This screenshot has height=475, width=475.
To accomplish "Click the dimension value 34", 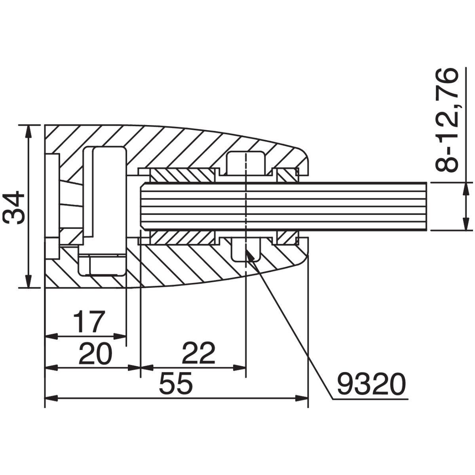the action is pyautogui.click(x=14, y=207).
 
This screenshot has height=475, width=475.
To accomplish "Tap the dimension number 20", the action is pyautogui.click(x=96, y=353).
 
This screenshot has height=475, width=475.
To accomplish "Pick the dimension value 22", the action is pyautogui.click(x=199, y=353).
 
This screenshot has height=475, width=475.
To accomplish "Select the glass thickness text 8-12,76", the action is pyautogui.click(x=446, y=120).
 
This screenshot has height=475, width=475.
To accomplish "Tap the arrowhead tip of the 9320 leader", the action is pyautogui.click(x=246, y=250).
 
